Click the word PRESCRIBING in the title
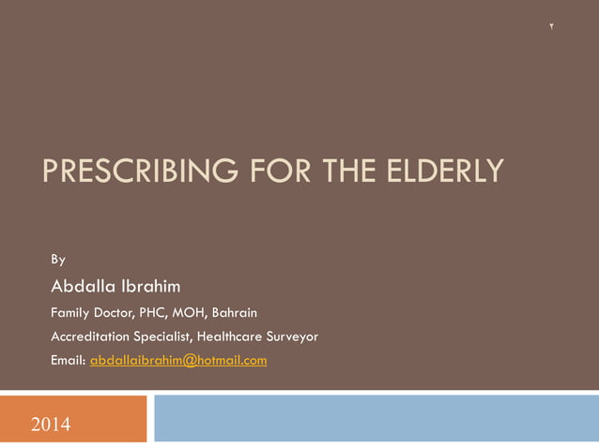click(x=125, y=172)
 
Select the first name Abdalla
click(x=84, y=285)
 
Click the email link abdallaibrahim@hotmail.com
click(x=178, y=360)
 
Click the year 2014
click(x=50, y=425)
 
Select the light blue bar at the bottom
click(x=376, y=418)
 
